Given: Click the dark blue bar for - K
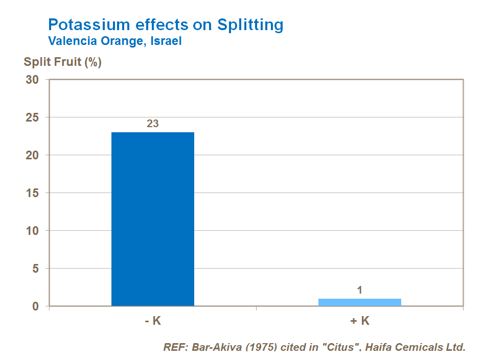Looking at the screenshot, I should click(153, 219).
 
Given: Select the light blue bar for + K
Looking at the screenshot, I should click(359, 302).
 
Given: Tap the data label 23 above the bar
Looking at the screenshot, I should click(153, 124).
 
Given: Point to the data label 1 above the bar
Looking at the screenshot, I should click(359, 290).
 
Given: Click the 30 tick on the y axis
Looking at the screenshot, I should click(33, 80).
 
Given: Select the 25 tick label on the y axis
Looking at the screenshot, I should click(33, 117).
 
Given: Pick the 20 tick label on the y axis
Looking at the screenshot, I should click(33, 155).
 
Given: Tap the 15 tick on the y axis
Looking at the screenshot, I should click(33, 193).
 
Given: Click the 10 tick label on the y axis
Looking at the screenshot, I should click(33, 231).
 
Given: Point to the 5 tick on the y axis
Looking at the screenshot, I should click(36, 269).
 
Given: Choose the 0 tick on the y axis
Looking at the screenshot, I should click(36, 306).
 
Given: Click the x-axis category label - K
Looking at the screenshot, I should click(152, 321).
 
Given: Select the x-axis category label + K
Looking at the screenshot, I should click(359, 321).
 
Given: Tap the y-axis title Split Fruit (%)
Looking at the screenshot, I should click(63, 62).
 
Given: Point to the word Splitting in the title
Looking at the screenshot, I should click(250, 25).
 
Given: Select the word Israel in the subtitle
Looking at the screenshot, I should click(166, 41).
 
